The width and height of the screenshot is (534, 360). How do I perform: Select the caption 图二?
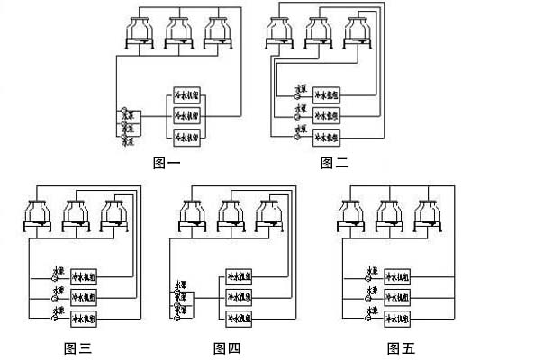(x=334, y=163)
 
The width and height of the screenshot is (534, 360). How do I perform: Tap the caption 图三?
(x=77, y=347)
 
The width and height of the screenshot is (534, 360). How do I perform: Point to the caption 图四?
(x=227, y=347)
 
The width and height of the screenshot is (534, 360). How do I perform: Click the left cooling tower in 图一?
(x=140, y=32)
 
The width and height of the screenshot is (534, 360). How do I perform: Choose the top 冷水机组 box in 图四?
(x=238, y=276)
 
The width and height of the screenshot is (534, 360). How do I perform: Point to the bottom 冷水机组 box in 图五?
(x=397, y=319)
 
